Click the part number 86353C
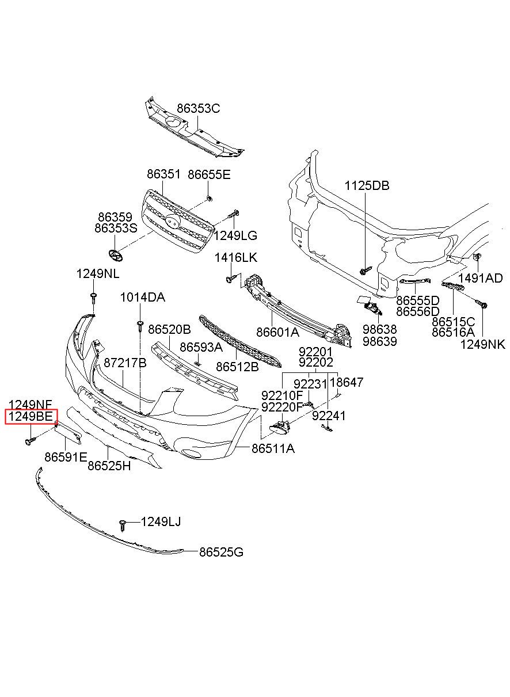pos(199,108)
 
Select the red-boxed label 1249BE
pos(31,416)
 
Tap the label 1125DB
pos(367,185)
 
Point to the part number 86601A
pos(277,332)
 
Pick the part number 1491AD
pos(481,278)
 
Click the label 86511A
pos(273,448)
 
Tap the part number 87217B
pos(125,363)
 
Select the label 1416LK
pos(236,257)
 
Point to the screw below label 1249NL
pos(93,298)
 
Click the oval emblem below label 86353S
pos(115,256)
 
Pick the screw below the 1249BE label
pos(30,441)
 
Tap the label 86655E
pos(209,174)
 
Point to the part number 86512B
pos(237,367)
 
